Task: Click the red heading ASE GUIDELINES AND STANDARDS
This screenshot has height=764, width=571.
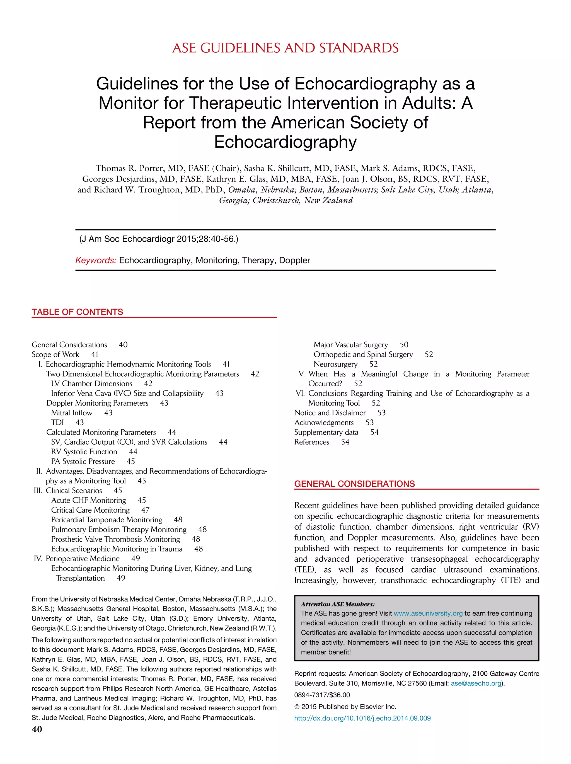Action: (285, 48)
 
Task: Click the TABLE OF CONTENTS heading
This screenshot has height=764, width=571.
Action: (78, 312)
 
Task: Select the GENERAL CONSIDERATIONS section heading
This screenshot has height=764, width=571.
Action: (354, 484)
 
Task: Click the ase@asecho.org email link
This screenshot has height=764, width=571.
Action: (476, 683)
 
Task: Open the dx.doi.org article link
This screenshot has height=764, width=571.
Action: (362, 718)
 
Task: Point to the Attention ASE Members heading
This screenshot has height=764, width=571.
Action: (337, 604)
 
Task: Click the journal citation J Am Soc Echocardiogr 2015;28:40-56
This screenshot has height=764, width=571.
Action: (159, 239)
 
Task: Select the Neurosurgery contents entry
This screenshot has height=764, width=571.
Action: (335, 364)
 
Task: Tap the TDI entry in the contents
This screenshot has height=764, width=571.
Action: (57, 422)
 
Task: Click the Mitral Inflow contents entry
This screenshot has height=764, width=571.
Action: (72, 413)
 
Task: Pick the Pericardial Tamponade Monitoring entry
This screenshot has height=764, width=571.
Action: (107, 520)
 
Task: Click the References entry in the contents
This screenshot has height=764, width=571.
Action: (312, 442)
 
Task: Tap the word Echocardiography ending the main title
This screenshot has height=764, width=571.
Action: (285, 142)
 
